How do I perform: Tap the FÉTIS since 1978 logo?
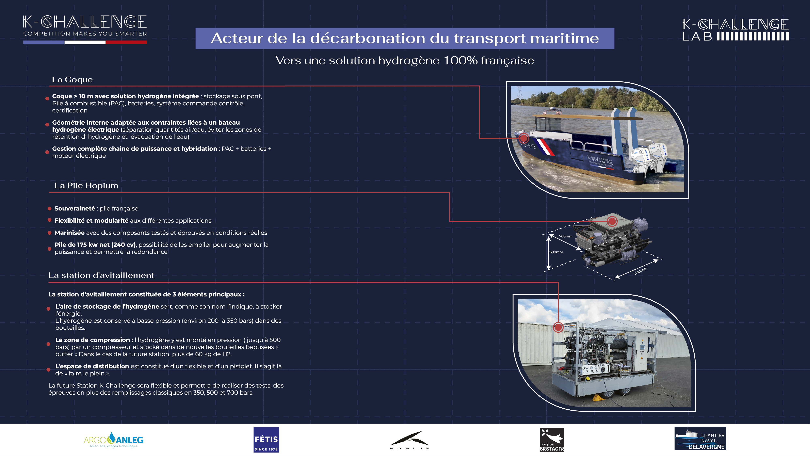point(266,440)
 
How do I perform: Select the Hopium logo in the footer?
point(409,440)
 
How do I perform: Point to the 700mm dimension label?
point(566,236)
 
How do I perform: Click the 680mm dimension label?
point(556,252)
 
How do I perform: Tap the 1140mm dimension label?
point(641,271)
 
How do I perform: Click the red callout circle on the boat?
point(523,138)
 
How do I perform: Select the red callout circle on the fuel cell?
point(612,221)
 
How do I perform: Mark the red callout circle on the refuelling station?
point(558,327)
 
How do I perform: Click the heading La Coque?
point(72,80)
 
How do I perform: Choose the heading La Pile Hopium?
point(86,186)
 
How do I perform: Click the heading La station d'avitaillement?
point(101,275)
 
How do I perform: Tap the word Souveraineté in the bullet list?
point(75,208)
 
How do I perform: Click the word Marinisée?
point(69,233)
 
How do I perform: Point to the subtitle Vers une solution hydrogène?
point(405,60)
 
